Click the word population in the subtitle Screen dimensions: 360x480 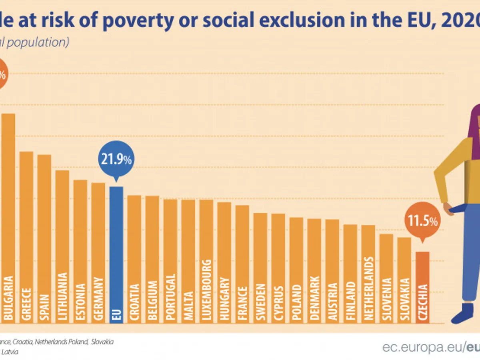pos(38,42)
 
